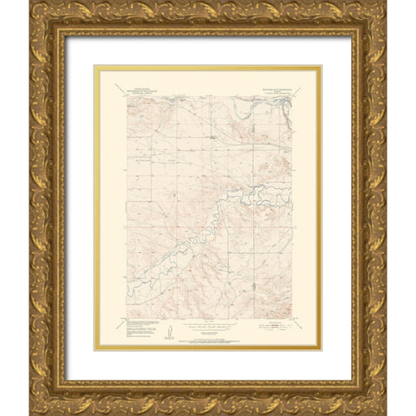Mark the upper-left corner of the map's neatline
click(127, 94)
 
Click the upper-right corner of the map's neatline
click(289, 94)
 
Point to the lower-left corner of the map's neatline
click(127, 315)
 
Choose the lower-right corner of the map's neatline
click(289, 315)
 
